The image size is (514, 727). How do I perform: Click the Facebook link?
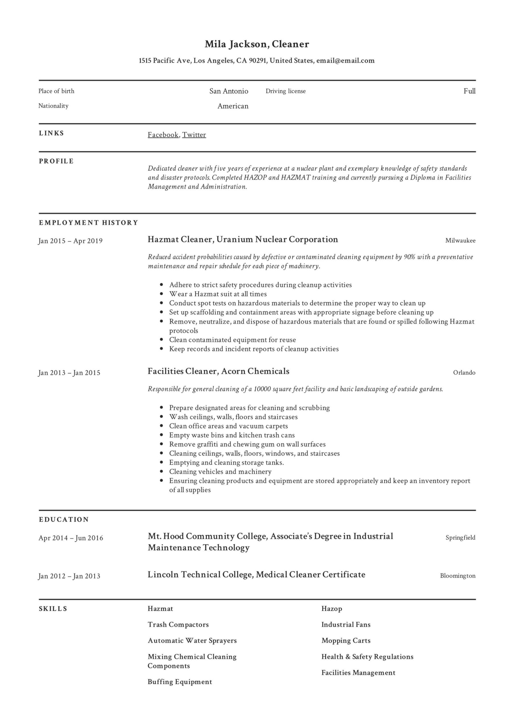tap(163, 135)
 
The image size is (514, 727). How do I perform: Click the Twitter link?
tap(194, 135)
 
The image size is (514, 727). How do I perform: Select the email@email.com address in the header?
tap(345, 60)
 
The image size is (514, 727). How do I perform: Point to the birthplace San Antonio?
tap(228, 91)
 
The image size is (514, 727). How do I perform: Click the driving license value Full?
tap(469, 91)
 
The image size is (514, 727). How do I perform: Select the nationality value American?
tap(233, 106)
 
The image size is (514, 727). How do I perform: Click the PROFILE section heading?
tap(56, 161)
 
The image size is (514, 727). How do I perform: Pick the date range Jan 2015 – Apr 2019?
tap(70, 241)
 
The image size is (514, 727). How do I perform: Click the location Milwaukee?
tap(460, 241)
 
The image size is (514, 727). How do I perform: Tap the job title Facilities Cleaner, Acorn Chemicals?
tap(218, 371)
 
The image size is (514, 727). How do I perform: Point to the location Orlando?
tap(464, 373)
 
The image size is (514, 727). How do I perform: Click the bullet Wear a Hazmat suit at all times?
tap(218, 294)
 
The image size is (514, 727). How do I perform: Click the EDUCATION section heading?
tap(64, 520)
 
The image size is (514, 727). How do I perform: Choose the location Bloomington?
tap(457, 576)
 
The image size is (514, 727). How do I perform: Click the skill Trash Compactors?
tap(178, 625)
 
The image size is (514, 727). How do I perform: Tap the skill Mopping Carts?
tap(346, 641)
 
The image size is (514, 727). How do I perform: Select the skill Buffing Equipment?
tap(180, 682)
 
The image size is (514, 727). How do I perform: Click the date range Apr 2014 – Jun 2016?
tap(71, 538)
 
